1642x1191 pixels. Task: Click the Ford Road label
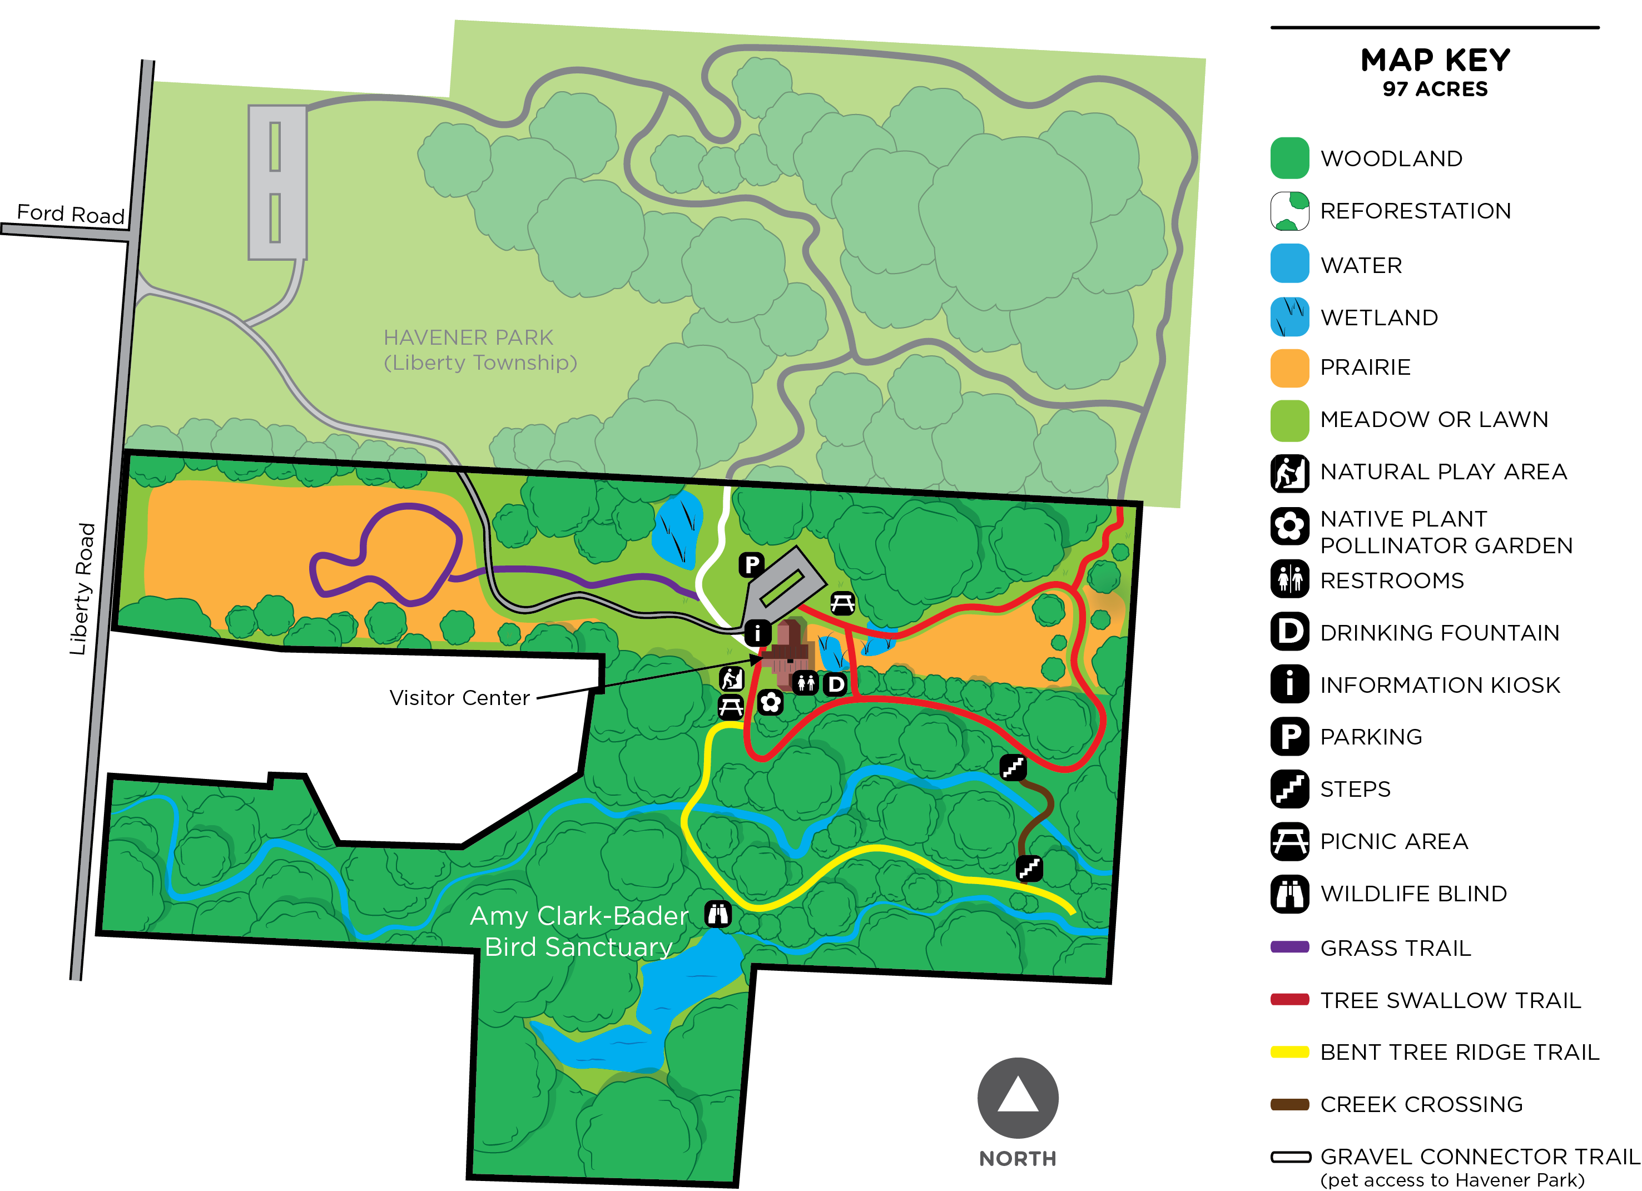click(x=70, y=214)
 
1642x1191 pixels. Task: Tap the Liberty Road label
click(x=82, y=589)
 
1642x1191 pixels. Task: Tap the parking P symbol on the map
click(x=752, y=564)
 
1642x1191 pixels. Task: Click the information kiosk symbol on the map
click(x=757, y=633)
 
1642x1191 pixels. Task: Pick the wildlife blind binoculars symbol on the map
click(x=717, y=915)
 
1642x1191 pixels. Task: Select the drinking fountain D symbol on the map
click(x=836, y=683)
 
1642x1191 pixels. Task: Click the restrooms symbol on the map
click(x=805, y=682)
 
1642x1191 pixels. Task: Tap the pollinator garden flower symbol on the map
click(x=770, y=702)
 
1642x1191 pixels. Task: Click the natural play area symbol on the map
click(x=731, y=678)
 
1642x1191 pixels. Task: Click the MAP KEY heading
click(x=1435, y=60)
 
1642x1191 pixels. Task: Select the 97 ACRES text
click(x=1435, y=89)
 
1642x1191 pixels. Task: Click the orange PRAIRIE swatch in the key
click(x=1289, y=368)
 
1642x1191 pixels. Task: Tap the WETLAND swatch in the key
click(x=1289, y=317)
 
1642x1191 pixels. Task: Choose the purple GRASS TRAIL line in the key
click(x=1289, y=947)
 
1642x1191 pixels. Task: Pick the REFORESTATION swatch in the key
click(x=1289, y=211)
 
